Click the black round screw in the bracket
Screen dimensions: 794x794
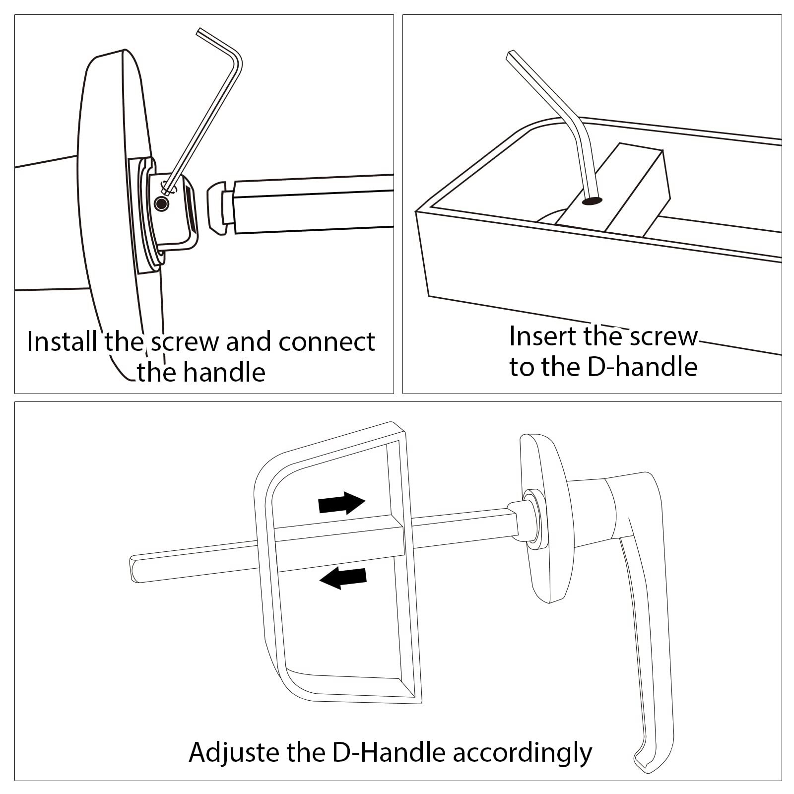[x=161, y=203]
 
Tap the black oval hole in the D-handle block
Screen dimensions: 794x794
[x=593, y=201]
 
